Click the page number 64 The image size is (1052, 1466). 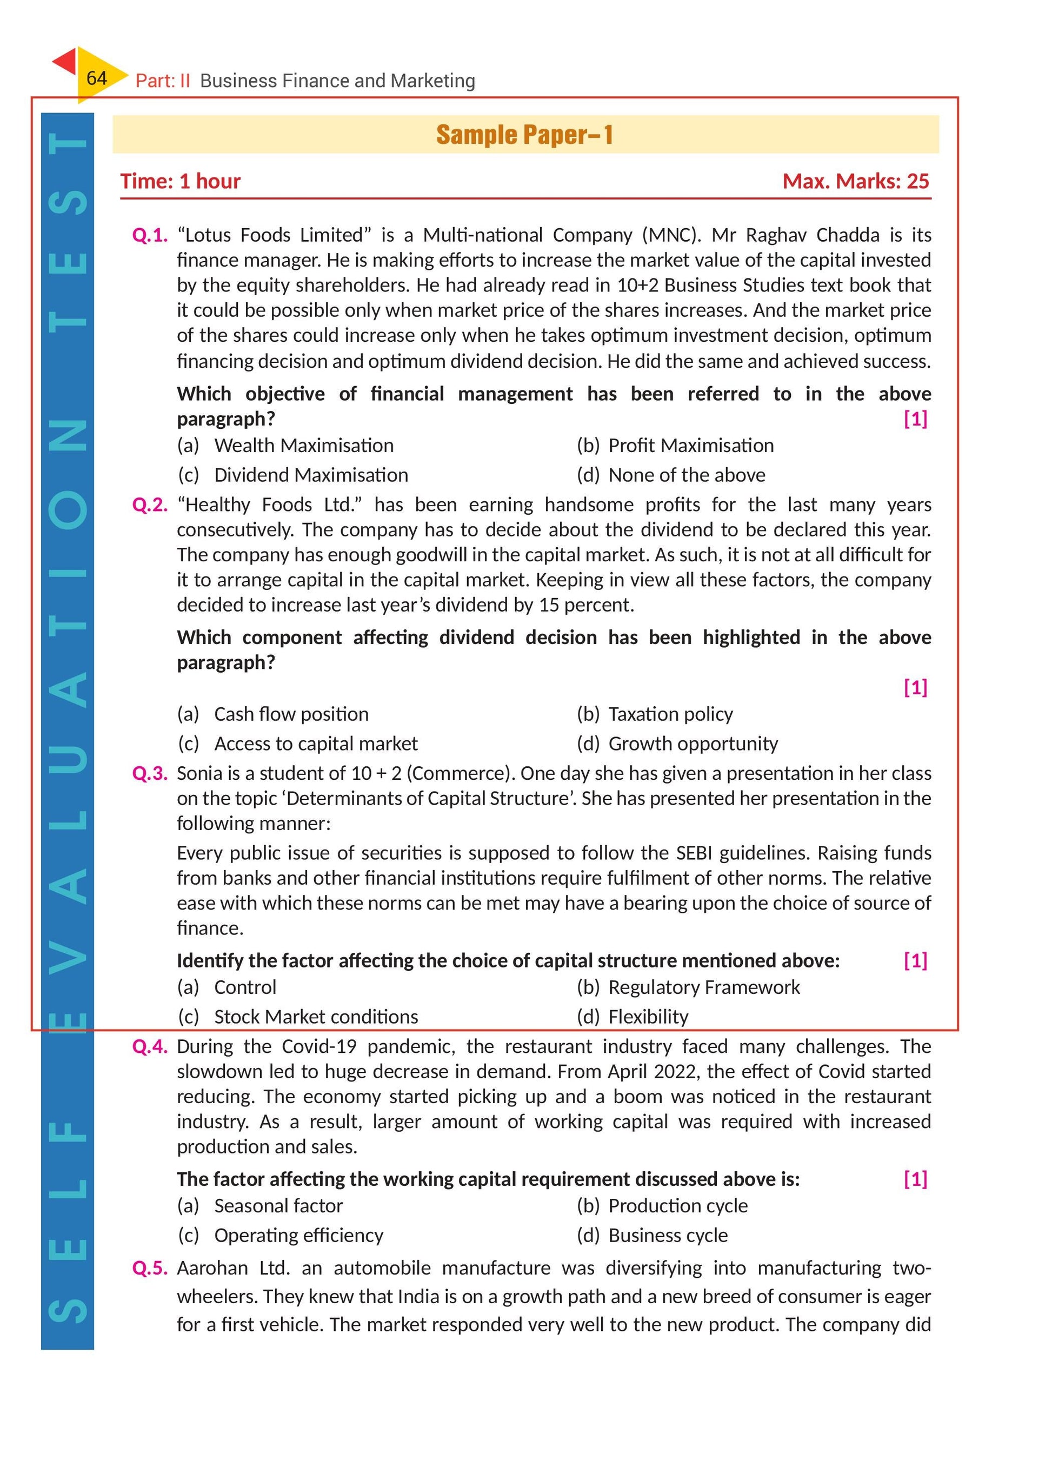click(96, 78)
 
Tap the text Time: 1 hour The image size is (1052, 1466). click(180, 181)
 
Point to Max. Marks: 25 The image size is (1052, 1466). click(856, 181)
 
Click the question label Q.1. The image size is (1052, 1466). click(150, 235)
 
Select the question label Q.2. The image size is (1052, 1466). click(150, 505)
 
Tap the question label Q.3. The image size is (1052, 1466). click(150, 774)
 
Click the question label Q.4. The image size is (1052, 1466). click(150, 1046)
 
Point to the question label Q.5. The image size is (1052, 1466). click(150, 1268)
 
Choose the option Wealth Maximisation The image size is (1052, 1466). click(304, 446)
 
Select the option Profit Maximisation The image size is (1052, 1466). click(691, 446)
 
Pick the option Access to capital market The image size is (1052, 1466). click(316, 744)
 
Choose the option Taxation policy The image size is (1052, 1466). click(670, 714)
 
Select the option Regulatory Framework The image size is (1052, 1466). click(704, 987)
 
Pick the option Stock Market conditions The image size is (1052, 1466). click(316, 1017)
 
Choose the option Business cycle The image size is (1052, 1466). click(668, 1235)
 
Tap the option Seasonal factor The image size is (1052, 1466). click(278, 1205)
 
